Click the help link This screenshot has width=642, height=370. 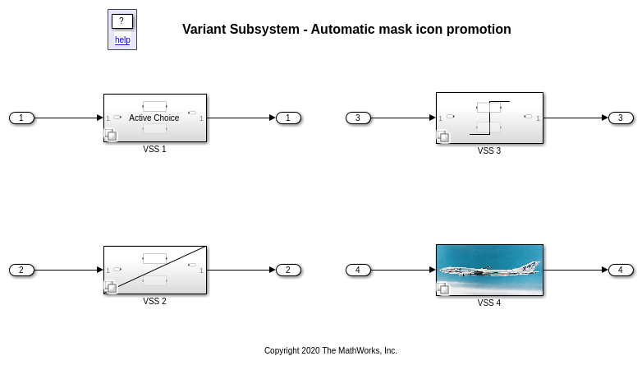122,39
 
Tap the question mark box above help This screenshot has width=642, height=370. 122,21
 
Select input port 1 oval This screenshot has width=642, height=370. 21,118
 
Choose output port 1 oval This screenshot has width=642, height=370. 289,118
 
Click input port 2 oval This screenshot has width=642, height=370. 21,270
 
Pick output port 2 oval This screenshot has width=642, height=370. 289,270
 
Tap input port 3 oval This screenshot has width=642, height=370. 358,118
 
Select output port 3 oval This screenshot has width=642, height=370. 621,118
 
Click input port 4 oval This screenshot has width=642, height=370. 358,270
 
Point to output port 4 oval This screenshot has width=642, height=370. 621,270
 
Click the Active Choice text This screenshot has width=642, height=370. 154,118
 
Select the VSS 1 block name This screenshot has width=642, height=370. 155,150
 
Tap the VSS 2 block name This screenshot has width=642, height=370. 155,301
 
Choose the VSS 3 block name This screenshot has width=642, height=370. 488,151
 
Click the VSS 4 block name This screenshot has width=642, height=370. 488,303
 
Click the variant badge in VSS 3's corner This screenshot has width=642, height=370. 443,136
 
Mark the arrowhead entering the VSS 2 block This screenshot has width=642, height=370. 100,270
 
